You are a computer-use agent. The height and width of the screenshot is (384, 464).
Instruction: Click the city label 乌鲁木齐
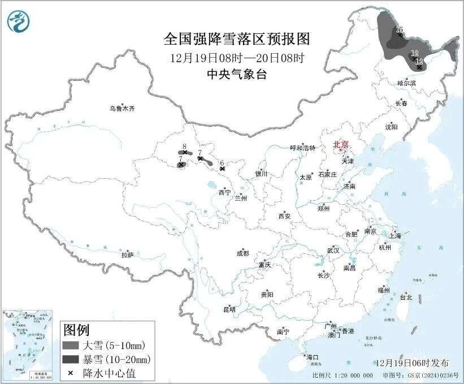point(123,108)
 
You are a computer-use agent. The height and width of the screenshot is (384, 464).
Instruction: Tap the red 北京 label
point(341,144)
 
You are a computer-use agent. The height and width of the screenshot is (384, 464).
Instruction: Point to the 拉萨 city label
point(127,255)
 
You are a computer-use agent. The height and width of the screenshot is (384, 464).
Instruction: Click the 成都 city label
point(242,254)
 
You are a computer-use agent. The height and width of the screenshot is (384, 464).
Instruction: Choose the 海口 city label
point(312,357)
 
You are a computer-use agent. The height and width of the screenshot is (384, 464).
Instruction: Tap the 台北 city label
point(406,297)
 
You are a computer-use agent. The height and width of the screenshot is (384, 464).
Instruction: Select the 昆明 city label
point(229,309)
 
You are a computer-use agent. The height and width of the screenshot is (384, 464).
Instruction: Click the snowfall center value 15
point(399,29)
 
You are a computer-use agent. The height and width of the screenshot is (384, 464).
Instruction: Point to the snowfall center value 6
point(222,162)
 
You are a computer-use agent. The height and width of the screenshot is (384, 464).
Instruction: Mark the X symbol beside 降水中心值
point(70,373)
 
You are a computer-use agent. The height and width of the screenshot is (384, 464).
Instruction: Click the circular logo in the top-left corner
point(19,21)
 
